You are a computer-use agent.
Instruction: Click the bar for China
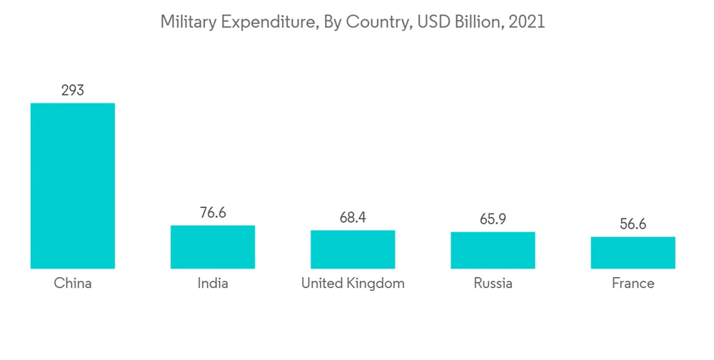click(x=72, y=186)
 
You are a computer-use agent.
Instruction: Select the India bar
click(x=213, y=246)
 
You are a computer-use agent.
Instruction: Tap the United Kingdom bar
click(x=353, y=249)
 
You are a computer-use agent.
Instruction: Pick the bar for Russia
click(x=493, y=250)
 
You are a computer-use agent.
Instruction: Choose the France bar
click(x=633, y=252)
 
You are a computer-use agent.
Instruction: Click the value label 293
click(x=72, y=91)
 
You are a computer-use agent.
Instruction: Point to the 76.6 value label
click(x=213, y=213)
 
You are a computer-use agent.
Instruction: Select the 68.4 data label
click(x=353, y=217)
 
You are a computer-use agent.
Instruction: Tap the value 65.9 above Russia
click(x=493, y=219)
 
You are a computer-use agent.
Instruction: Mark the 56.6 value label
click(x=633, y=224)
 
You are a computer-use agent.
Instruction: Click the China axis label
click(x=73, y=284)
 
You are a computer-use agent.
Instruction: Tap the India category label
click(x=213, y=284)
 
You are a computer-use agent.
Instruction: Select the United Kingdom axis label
click(x=353, y=284)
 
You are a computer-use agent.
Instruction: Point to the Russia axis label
click(x=493, y=284)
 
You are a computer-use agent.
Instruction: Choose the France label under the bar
click(x=633, y=284)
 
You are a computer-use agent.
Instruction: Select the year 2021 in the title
click(x=529, y=22)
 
